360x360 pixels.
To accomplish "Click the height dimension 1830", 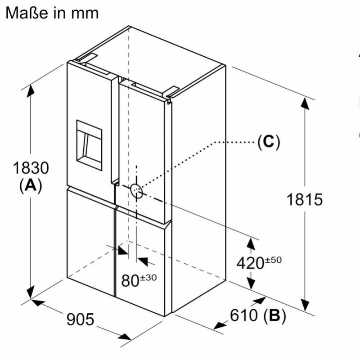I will click(x=30, y=168).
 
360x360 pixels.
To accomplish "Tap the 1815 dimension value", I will click(x=305, y=200).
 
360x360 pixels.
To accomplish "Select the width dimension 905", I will click(x=81, y=319).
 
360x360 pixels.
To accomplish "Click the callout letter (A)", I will click(x=31, y=185).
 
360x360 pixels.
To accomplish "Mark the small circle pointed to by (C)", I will click(x=137, y=191).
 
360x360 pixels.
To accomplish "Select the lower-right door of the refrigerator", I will click(x=142, y=261).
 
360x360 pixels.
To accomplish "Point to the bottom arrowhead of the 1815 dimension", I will click(x=305, y=306).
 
